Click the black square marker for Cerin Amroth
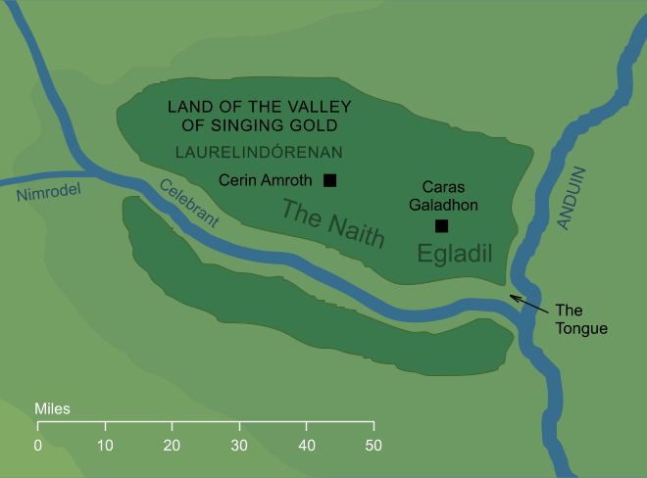[x=330, y=180]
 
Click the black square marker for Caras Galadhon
[x=441, y=226]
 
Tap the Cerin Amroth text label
[x=265, y=180]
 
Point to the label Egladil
[x=453, y=254]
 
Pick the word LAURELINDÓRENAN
[x=258, y=152]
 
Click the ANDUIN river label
[x=574, y=199]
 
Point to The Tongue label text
[x=581, y=319]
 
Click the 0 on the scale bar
[x=38, y=446]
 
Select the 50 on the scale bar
[x=373, y=446]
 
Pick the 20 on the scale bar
[x=173, y=446]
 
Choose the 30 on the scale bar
[x=239, y=446]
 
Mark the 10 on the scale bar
[x=105, y=446]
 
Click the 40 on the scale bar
[x=307, y=446]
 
